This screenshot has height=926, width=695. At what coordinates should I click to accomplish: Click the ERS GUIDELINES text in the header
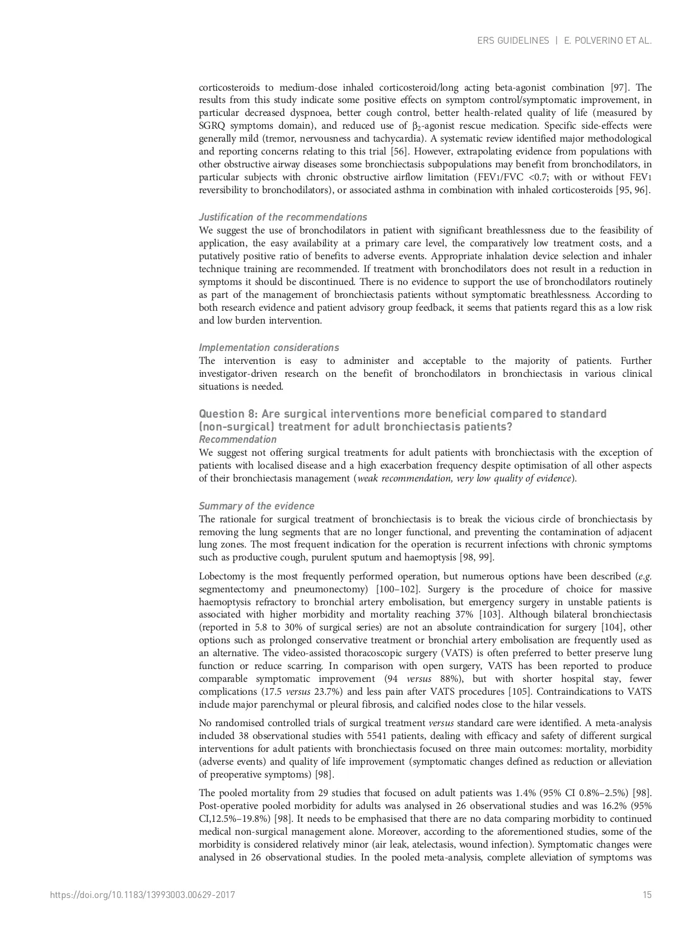tap(513, 41)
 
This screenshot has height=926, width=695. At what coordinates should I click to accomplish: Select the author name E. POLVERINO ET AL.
tap(608, 41)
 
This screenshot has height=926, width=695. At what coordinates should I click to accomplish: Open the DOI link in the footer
tap(143, 895)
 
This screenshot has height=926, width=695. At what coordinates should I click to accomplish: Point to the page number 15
tap(647, 895)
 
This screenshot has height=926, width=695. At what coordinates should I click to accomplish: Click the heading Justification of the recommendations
tap(283, 217)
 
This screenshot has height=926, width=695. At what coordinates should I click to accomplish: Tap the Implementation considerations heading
tap(269, 348)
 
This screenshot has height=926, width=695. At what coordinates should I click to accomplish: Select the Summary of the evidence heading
tap(256, 506)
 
